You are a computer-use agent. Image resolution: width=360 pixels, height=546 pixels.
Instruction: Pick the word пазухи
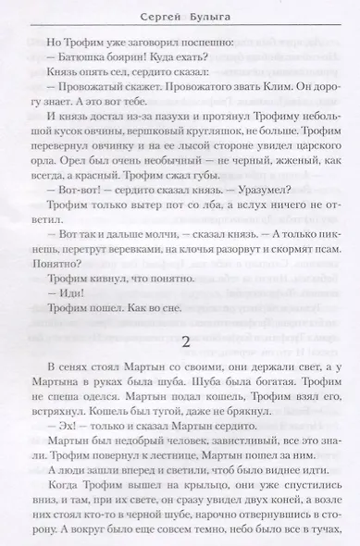[x=159, y=141]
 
